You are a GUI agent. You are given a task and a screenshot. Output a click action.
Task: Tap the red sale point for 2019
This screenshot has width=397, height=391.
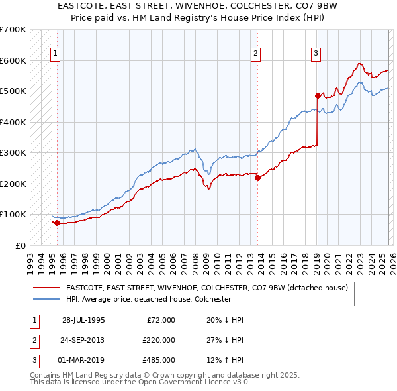click(x=318, y=96)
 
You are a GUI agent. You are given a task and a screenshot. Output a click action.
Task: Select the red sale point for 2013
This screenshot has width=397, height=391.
click(x=257, y=177)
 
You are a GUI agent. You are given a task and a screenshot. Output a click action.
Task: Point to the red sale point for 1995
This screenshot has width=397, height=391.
click(x=57, y=223)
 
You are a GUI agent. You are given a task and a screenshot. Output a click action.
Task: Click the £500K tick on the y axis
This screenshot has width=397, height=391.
click(x=13, y=91)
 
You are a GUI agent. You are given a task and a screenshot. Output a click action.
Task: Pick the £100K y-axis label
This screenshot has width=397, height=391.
click(x=13, y=214)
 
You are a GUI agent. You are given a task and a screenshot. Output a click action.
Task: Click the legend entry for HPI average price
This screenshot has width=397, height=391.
click(x=148, y=299)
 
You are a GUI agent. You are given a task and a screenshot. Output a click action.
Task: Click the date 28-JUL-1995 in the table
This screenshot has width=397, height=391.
click(x=83, y=320)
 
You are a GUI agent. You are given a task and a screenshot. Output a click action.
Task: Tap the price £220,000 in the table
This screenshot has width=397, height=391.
click(x=159, y=340)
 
